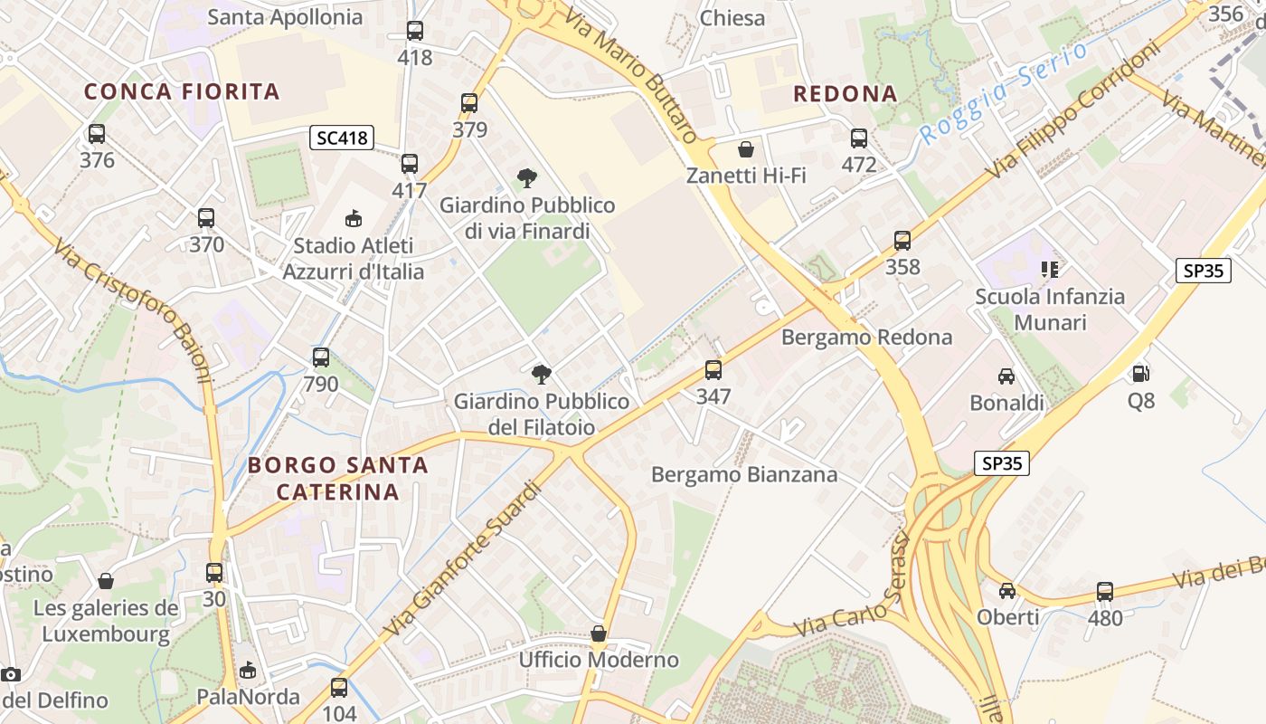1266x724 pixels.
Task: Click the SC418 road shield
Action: [343, 138]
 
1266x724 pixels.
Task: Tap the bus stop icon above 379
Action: [468, 103]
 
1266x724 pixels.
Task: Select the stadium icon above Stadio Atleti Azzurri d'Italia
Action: [354, 219]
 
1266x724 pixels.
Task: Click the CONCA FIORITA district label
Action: [182, 91]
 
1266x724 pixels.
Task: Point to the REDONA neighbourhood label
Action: [845, 94]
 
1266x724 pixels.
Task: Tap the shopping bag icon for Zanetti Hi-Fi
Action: [746, 149]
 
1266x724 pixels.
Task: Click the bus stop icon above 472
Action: [858, 138]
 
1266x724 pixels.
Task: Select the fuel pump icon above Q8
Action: [1140, 373]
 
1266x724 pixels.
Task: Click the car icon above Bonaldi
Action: [1006, 376]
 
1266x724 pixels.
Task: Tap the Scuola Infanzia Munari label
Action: [1050, 310]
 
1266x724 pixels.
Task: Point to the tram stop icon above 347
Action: [713, 370]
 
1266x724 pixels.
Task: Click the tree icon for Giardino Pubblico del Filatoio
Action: [541, 374]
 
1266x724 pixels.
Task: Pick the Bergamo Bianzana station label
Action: [744, 474]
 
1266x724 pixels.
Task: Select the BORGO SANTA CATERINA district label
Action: [337, 478]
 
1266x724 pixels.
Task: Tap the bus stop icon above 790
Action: [320, 357]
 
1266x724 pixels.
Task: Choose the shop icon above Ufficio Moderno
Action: [598, 633]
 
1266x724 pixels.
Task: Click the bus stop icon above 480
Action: [1104, 592]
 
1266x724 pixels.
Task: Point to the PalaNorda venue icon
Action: [248, 671]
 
